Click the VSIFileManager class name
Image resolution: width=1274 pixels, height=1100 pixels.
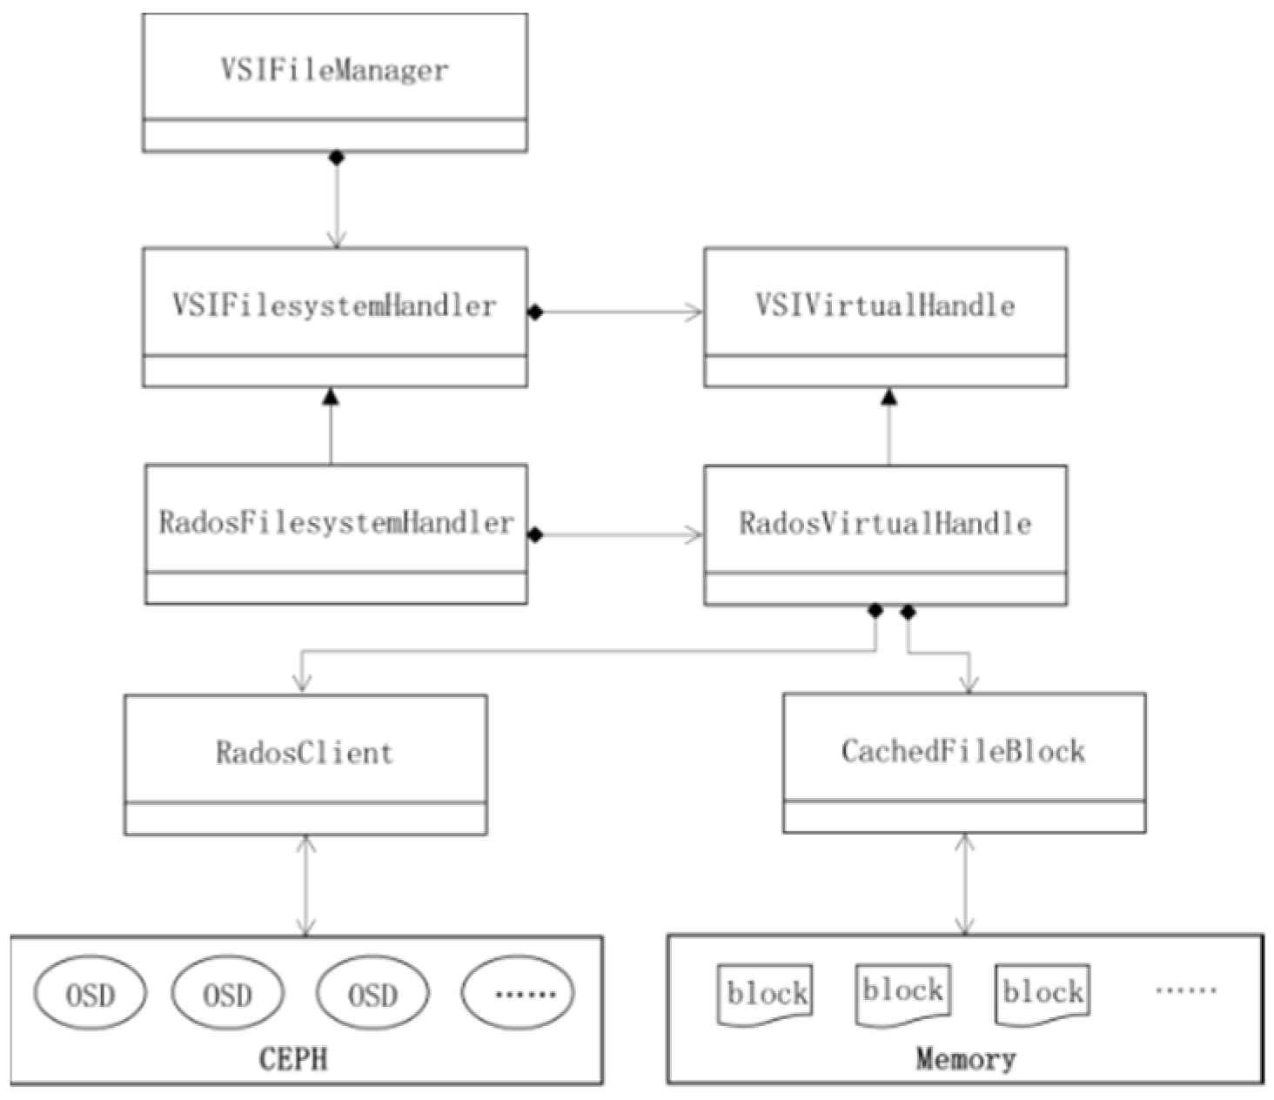[334, 70]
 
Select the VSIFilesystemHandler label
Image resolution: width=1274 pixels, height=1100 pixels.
[334, 305]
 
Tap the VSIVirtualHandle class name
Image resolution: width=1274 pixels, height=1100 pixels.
[884, 305]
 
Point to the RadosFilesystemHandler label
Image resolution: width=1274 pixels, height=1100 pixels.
[336, 523]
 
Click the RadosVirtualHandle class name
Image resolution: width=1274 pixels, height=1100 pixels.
[884, 524]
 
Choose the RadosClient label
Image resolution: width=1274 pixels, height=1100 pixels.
[305, 752]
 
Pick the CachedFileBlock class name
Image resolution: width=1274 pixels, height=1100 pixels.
[963, 751]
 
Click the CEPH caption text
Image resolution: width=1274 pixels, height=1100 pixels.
[294, 1059]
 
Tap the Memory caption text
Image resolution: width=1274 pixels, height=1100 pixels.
[965, 1059]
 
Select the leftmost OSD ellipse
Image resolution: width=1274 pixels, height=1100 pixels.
[91, 994]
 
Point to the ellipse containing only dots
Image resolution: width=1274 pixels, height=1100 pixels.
[519, 993]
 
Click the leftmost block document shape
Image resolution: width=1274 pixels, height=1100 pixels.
[765, 994]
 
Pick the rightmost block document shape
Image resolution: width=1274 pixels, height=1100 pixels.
[1043, 993]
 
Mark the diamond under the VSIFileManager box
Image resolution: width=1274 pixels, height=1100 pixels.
[336, 158]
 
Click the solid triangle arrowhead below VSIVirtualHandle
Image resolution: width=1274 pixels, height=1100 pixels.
[888, 397]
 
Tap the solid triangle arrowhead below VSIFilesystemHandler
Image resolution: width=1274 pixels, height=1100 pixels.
[330, 397]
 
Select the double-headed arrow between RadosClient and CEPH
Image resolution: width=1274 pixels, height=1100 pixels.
[305, 885]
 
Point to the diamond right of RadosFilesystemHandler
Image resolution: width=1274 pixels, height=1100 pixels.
[535, 535]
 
